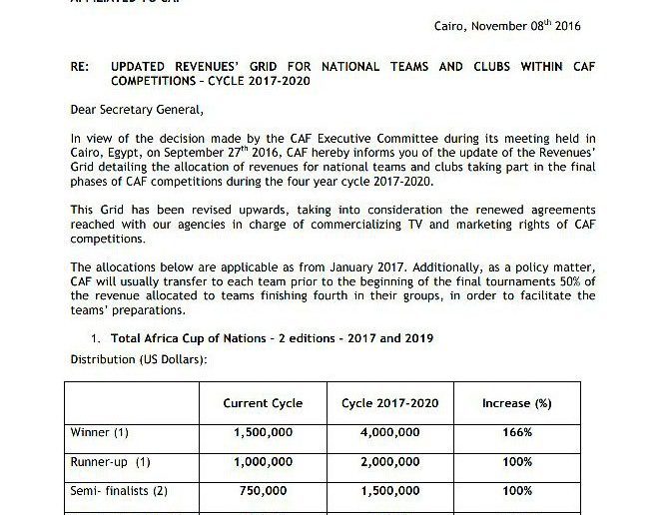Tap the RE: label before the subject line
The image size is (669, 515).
tap(79, 67)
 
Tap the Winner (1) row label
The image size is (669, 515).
tap(100, 432)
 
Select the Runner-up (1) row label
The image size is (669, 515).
tap(110, 462)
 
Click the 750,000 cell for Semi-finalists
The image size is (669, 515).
tap(263, 492)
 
